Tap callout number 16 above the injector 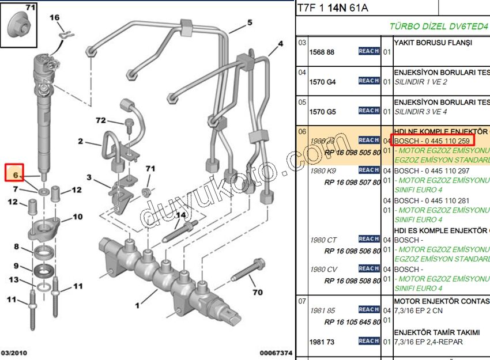(x=55, y=18)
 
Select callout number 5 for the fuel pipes (x=250, y=22)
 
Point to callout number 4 (x=280, y=44)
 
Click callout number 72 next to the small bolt (x=101, y=120)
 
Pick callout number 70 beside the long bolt (x=257, y=292)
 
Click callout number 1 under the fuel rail (x=138, y=305)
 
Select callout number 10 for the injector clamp (x=77, y=217)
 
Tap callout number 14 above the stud (x=181, y=215)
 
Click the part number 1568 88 (x=322, y=52)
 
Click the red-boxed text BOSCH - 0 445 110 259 (x=431, y=140)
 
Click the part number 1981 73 (x=322, y=342)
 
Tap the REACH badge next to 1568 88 (x=368, y=51)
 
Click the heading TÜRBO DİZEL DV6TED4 (x=439, y=26)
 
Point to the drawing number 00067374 (x=276, y=353)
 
